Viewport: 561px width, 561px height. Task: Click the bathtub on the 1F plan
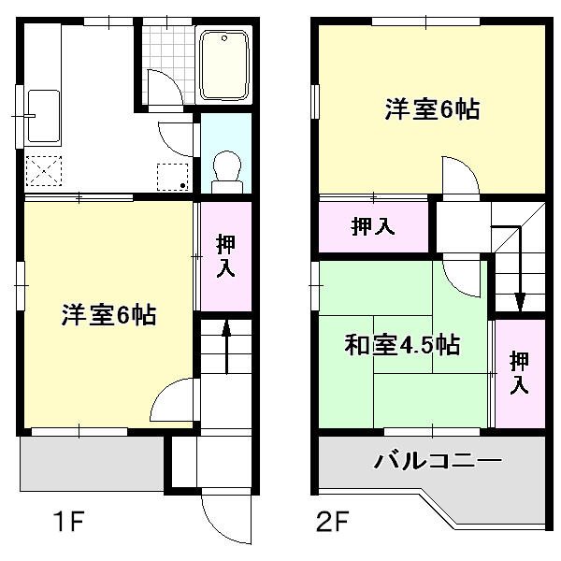pyautogui.click(x=223, y=64)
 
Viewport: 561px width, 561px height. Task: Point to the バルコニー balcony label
pyautogui.click(x=439, y=460)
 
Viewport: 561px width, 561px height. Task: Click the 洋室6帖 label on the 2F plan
pyautogui.click(x=431, y=109)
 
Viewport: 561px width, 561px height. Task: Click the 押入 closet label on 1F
pyautogui.click(x=225, y=255)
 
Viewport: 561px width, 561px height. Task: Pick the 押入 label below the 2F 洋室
pyautogui.click(x=372, y=225)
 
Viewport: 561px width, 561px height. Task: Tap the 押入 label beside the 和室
pyautogui.click(x=519, y=372)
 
